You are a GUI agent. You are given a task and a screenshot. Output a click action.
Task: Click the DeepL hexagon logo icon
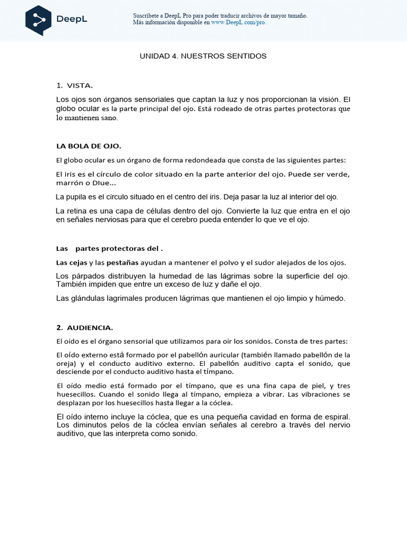39,21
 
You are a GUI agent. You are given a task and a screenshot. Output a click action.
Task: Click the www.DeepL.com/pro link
238,23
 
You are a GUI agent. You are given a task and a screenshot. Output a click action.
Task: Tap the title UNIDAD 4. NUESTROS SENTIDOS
203,56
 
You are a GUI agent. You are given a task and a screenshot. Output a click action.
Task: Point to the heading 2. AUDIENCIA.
84,327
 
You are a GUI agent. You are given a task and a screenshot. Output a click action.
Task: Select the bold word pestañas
122,262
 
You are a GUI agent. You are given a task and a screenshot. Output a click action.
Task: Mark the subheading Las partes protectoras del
109,248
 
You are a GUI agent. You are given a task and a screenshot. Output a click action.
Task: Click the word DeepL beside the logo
72,20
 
